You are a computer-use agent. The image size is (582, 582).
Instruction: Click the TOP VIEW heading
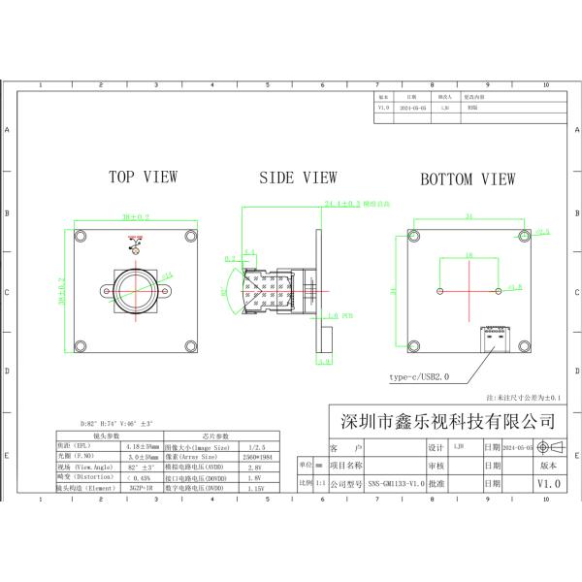point(143,178)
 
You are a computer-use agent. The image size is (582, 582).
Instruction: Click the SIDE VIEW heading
point(298,178)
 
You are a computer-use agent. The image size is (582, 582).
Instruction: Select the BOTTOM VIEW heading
point(468,179)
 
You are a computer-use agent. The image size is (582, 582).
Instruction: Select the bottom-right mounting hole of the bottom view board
point(524,345)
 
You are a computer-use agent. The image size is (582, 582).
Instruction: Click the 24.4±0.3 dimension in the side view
point(342,205)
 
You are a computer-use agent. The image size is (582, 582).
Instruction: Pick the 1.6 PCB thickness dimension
point(333,315)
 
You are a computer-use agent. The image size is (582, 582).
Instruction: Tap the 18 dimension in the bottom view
point(469,255)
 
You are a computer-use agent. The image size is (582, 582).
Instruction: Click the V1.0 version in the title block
point(548,482)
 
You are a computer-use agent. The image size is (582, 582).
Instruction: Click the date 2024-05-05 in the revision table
point(407,109)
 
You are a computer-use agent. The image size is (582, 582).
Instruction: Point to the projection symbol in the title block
point(548,447)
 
